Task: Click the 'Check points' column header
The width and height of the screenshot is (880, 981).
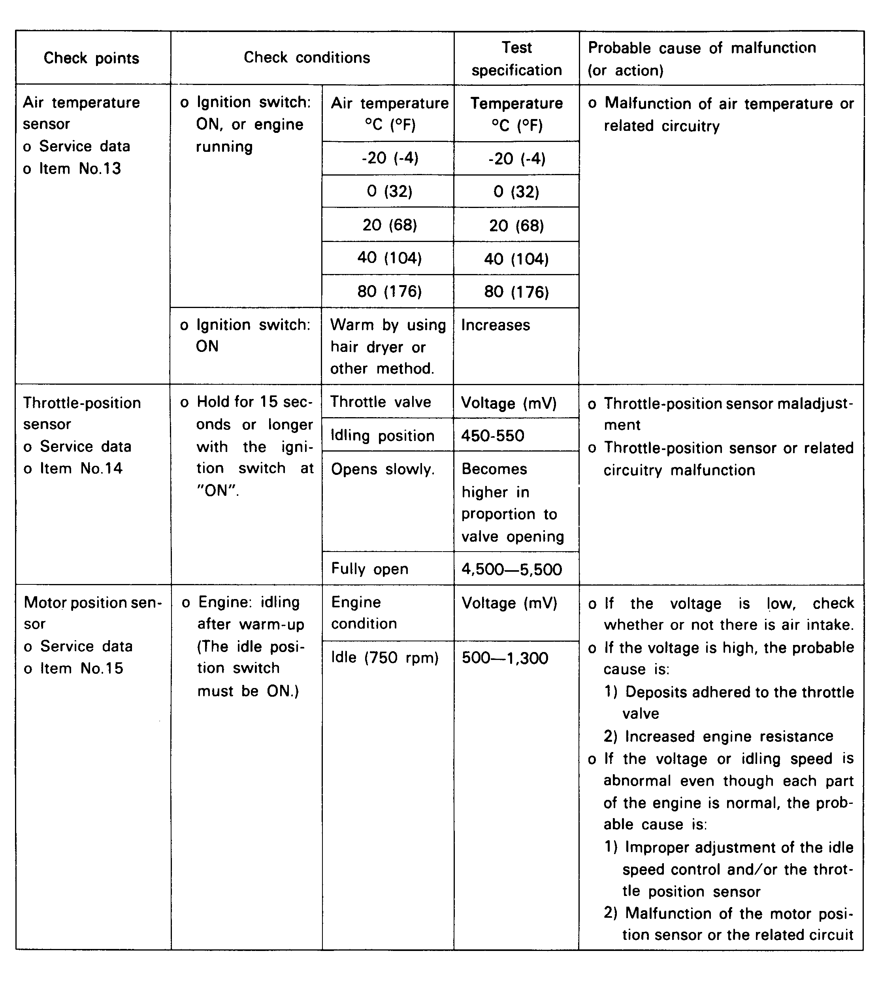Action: coord(91,58)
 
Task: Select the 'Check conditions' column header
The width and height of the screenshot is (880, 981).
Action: coord(307,58)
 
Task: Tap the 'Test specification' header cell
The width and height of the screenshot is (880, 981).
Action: coord(516,59)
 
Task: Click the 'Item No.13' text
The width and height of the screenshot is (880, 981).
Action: coord(80,168)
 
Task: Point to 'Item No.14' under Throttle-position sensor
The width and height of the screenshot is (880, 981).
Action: coord(81,468)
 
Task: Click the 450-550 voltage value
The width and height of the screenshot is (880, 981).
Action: coord(493,436)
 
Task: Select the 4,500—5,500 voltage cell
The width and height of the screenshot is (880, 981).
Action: coord(512,569)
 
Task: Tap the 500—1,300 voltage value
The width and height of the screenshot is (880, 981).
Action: coord(505,658)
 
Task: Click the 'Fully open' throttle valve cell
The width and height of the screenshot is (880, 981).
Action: coord(369,569)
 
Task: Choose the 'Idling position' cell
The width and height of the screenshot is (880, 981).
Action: coord(383,436)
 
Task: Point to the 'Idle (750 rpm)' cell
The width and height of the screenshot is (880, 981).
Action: coord(385,658)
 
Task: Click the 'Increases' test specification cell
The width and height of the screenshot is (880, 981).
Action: coord(496,325)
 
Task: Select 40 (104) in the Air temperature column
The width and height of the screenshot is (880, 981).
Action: coord(389,258)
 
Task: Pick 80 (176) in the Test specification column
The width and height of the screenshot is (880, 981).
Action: coord(516,292)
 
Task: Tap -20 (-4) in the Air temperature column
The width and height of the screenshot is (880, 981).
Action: coord(390,158)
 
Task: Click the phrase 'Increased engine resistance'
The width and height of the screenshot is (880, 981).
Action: coord(729,736)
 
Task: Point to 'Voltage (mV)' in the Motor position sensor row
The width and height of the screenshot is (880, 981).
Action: coord(509,603)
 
